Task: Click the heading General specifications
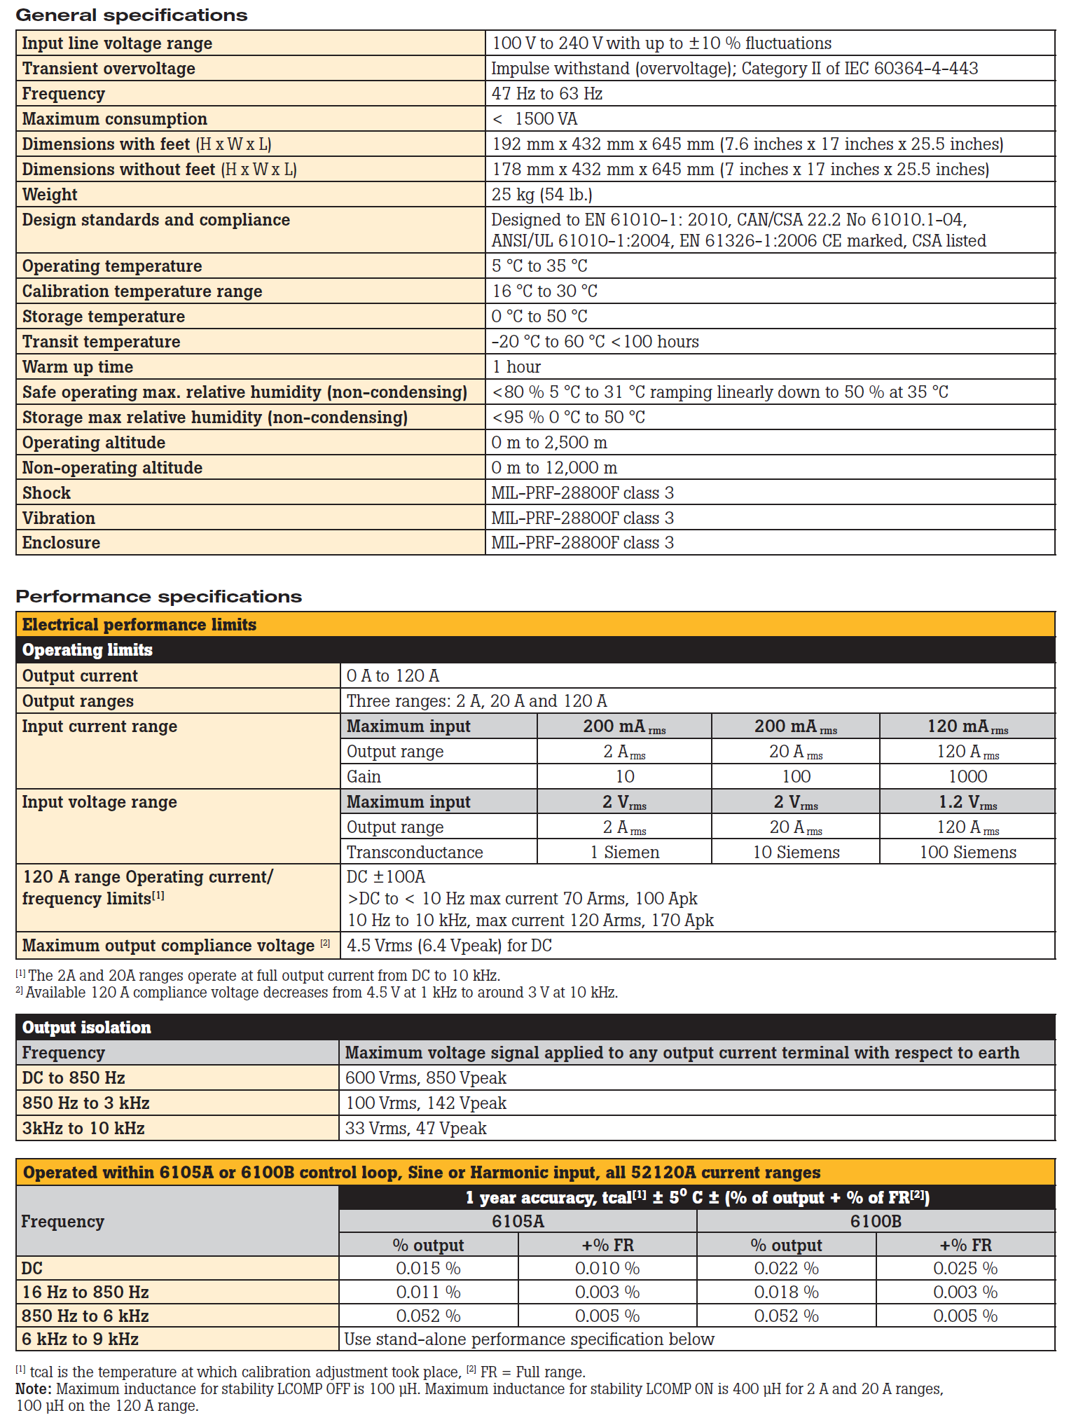pyautogui.click(x=131, y=15)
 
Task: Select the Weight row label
pyautogui.click(x=50, y=194)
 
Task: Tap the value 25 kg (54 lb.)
pyautogui.click(x=542, y=194)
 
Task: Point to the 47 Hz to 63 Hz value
pyautogui.click(x=546, y=93)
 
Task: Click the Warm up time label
pyautogui.click(x=77, y=366)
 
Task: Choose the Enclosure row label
pyautogui.click(x=61, y=542)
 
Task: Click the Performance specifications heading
pyautogui.click(x=158, y=596)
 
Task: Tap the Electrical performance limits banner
pyautogui.click(x=139, y=624)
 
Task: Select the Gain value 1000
pyautogui.click(x=967, y=776)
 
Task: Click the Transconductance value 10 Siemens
pyautogui.click(x=796, y=852)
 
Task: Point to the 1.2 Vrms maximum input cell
pyautogui.click(x=967, y=802)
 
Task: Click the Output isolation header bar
pyautogui.click(x=87, y=1027)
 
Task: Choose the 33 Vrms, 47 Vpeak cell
pyautogui.click(x=415, y=1128)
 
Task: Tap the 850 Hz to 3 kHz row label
pyautogui.click(x=85, y=1103)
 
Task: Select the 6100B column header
pyautogui.click(x=876, y=1221)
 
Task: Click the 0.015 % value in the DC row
pyautogui.click(x=428, y=1268)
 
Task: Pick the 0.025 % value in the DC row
pyautogui.click(x=965, y=1268)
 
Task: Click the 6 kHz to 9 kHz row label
pyautogui.click(x=80, y=1339)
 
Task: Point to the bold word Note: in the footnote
pyautogui.click(x=33, y=1388)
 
